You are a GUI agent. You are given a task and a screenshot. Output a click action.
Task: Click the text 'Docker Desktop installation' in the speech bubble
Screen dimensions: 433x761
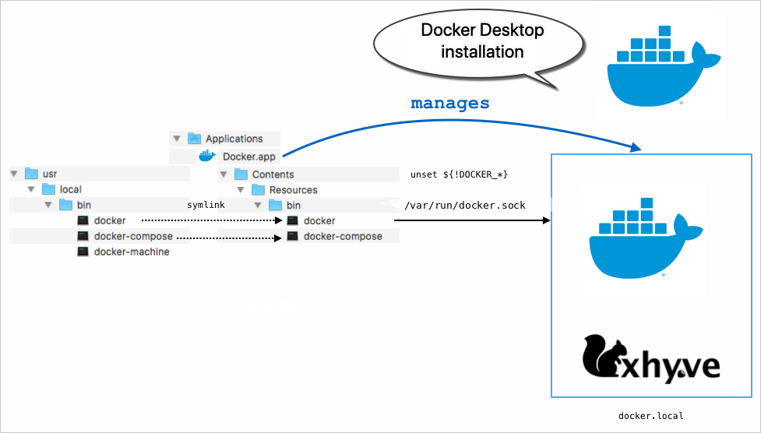tap(482, 41)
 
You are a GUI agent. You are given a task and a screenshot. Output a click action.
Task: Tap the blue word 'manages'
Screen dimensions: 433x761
tap(450, 103)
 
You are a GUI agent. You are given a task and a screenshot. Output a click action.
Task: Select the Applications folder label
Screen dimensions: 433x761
tap(234, 139)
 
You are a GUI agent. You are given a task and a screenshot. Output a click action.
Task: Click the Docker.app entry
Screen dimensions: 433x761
tap(248, 157)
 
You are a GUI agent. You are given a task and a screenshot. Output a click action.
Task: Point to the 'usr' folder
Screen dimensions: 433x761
tap(49, 174)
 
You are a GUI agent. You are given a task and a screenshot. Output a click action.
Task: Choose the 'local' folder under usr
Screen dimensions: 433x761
tap(70, 189)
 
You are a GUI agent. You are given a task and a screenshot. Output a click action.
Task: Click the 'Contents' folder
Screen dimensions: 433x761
tap(273, 174)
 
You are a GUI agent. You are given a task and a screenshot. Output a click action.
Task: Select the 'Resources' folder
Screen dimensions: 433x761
tap(293, 190)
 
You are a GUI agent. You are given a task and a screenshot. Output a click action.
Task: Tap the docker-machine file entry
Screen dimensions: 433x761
tap(131, 252)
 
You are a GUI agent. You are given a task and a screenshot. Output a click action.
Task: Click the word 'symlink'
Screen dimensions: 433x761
tap(206, 205)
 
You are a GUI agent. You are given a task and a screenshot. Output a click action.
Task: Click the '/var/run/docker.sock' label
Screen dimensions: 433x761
tap(465, 206)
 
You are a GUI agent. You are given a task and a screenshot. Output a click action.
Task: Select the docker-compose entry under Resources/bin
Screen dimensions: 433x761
tap(342, 236)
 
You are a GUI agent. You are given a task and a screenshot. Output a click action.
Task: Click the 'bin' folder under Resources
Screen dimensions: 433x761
tap(293, 206)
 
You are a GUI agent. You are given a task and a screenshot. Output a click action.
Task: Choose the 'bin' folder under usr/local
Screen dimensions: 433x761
tap(84, 205)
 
